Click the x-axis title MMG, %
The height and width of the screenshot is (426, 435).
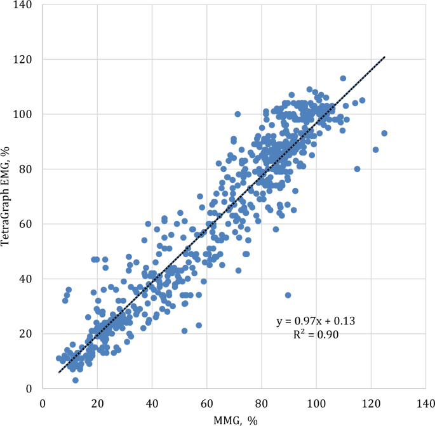234,418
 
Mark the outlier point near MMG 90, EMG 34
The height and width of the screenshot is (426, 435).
288,295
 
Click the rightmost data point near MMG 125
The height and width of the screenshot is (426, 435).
384,133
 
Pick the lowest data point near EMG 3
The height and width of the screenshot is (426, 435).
76,380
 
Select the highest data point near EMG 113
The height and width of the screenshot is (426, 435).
343,78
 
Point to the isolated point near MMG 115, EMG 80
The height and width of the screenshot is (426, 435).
357,169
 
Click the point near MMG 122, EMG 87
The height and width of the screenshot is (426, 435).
375,150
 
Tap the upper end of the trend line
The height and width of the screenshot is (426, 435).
385,57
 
